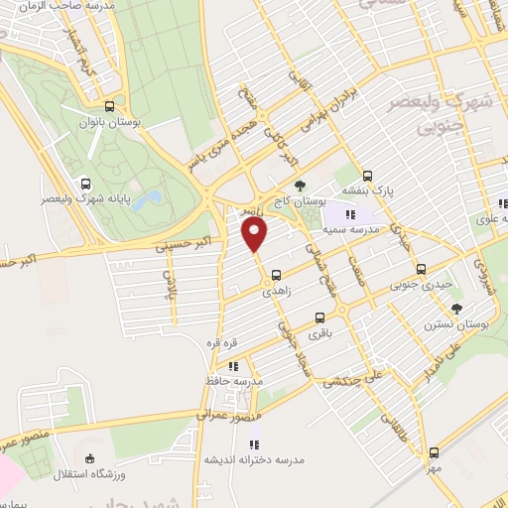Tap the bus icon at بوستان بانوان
(109, 106)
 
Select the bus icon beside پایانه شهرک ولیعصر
(86, 184)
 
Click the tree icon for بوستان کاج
(300, 187)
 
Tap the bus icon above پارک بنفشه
(368, 173)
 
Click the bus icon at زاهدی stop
(276, 276)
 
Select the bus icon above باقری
(318, 318)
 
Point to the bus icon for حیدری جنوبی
(421, 269)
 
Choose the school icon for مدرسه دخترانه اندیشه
(253, 444)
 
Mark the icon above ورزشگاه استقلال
(91, 458)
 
